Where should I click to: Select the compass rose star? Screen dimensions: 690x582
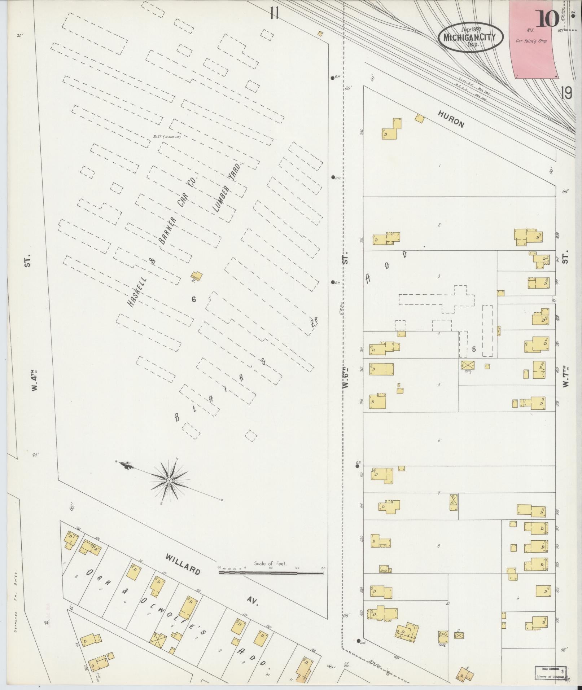coord(169,481)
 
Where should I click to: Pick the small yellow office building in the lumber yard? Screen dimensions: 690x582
coord(196,277)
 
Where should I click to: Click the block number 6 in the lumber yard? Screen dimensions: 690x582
coord(194,299)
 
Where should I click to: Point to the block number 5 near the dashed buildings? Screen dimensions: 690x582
coord(474,349)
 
